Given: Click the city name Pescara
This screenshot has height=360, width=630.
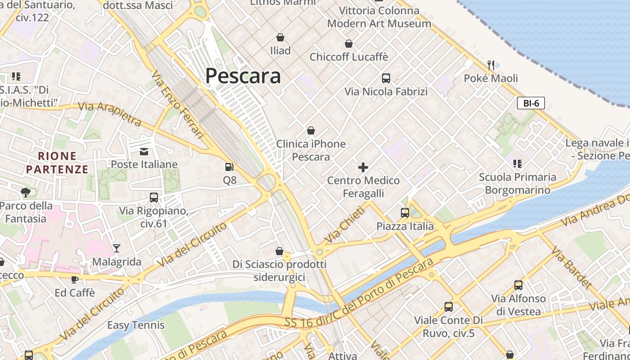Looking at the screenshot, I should pyautogui.click(x=243, y=76).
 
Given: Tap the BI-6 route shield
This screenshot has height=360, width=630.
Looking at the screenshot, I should pyautogui.click(x=531, y=103).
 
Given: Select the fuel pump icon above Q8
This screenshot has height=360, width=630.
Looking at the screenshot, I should pyautogui.click(x=229, y=167).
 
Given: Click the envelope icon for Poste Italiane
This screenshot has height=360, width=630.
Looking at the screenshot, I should pyautogui.click(x=144, y=151).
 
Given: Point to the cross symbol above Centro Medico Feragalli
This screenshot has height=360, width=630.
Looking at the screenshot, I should pyautogui.click(x=363, y=168).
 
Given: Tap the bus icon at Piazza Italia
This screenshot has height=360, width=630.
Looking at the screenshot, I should pyautogui.click(x=405, y=213).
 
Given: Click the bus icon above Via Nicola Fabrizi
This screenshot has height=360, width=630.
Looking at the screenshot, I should pyautogui.click(x=386, y=78).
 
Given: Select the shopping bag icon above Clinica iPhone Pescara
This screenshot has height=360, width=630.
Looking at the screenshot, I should pyautogui.click(x=310, y=131).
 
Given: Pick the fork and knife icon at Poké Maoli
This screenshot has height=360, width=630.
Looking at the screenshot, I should pyautogui.click(x=491, y=65).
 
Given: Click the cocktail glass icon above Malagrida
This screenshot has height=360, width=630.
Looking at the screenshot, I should pyautogui.click(x=117, y=248).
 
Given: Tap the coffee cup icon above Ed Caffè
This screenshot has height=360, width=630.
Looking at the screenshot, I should pyautogui.click(x=75, y=279).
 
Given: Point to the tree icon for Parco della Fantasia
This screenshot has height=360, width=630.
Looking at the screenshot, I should pyautogui.click(x=26, y=193).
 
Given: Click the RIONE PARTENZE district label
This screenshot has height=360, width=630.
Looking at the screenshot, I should pyautogui.click(x=57, y=163).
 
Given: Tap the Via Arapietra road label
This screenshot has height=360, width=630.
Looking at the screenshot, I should pyautogui.click(x=110, y=113).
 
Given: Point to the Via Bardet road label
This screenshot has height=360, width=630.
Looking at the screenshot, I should pyautogui.click(x=571, y=267).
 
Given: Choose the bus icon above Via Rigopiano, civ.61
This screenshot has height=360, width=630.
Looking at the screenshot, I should pyautogui.click(x=154, y=198).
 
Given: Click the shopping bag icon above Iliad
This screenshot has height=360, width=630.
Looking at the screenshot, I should pyautogui.click(x=280, y=37).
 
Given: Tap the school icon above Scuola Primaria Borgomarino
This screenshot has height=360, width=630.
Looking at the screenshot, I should pyautogui.click(x=517, y=164).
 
